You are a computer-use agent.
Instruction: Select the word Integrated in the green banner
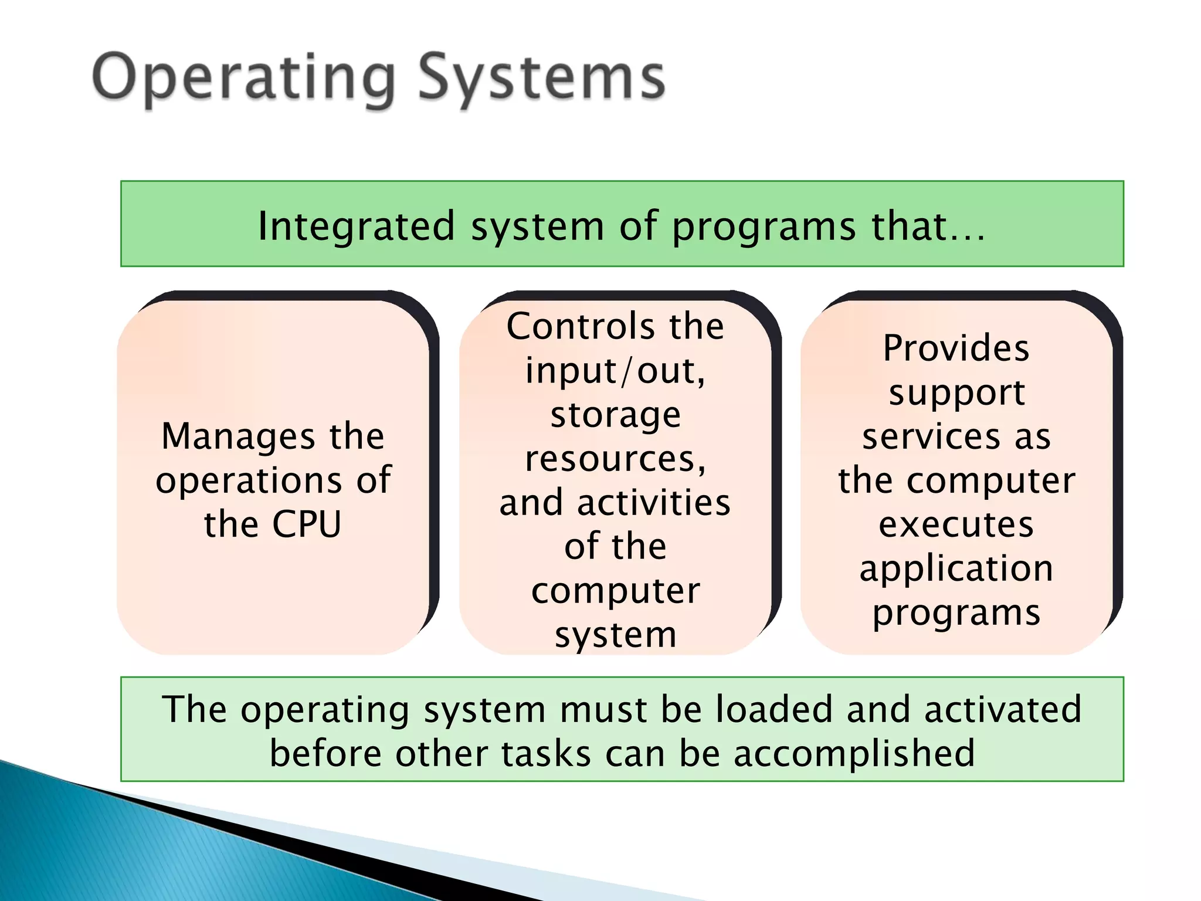tap(356, 226)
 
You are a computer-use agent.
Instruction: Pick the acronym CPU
tap(306, 524)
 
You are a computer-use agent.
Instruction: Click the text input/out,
tap(615, 371)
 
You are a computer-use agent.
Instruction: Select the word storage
tap(615, 415)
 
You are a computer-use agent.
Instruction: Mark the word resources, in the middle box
tap(615, 459)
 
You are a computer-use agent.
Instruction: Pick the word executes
tap(956, 524)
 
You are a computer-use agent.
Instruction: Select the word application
tap(956, 568)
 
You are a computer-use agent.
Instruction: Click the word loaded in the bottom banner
tap(774, 709)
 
